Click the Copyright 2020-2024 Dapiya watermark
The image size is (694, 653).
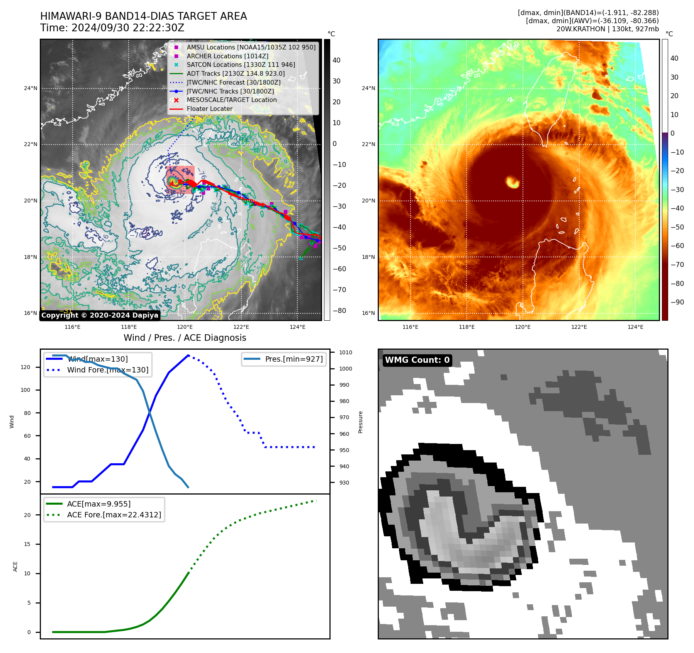pos(100,315)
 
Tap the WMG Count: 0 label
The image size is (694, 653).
pos(417,360)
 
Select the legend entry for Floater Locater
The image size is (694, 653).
pos(209,109)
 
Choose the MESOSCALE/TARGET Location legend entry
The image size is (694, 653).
pos(231,100)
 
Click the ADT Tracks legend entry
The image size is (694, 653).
pos(236,73)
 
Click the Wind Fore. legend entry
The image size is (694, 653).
pos(107,370)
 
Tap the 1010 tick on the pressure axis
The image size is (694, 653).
pos(346,352)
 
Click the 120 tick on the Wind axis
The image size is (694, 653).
pos(25,367)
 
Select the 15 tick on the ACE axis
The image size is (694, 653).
pos(27,544)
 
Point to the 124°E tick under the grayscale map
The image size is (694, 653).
pos(297,327)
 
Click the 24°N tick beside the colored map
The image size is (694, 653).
pos(368,88)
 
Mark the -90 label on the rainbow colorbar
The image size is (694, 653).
pos(677,302)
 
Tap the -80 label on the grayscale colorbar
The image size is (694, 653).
pos(339,311)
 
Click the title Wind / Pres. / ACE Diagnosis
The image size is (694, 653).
pos(185,338)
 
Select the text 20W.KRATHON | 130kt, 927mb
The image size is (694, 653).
pos(607,29)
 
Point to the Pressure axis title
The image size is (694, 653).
pos(360,422)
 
